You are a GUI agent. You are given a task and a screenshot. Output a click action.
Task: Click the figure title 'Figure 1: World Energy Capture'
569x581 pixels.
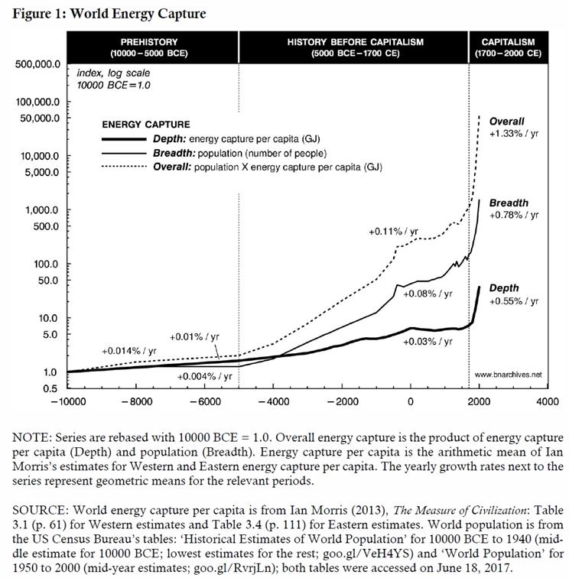pos(109,14)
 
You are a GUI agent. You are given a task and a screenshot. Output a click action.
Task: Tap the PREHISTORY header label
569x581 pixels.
pos(149,42)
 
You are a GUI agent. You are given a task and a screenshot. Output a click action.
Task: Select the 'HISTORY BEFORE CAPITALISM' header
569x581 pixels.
pos(355,42)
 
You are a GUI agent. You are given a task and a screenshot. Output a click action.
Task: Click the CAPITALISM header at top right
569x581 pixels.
pos(509,42)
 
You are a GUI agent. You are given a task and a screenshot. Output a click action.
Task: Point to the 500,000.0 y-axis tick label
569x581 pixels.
pos(37,64)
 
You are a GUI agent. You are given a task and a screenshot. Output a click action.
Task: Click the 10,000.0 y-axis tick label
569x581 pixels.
pos(40,156)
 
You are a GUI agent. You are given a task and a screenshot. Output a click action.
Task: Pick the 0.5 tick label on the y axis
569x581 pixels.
pos(50,388)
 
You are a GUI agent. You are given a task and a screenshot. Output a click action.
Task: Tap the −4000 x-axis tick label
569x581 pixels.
pos(274,401)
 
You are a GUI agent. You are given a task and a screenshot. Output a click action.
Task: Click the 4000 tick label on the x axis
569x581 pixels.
pos(547,401)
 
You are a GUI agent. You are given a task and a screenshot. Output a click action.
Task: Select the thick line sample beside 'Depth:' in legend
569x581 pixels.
pos(124,139)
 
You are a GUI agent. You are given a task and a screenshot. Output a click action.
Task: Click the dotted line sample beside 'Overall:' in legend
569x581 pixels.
pos(124,167)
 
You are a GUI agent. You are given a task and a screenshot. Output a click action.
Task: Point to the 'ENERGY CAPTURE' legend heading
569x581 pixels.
pos(146,125)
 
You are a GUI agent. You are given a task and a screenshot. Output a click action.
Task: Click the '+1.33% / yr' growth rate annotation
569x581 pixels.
pos(514,134)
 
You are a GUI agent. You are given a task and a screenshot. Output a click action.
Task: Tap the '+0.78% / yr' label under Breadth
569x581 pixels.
pos(514,216)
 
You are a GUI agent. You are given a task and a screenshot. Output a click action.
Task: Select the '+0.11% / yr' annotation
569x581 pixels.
pos(393,232)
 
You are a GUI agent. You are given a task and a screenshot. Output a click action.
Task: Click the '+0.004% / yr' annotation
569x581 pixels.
pos(205,376)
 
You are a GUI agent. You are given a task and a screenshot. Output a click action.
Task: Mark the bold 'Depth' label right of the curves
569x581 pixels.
pos(504,288)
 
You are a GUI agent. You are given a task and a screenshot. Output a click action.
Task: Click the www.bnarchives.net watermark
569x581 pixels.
pos(508,375)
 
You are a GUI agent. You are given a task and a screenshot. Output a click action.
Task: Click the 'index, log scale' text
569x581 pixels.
pos(113,73)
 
